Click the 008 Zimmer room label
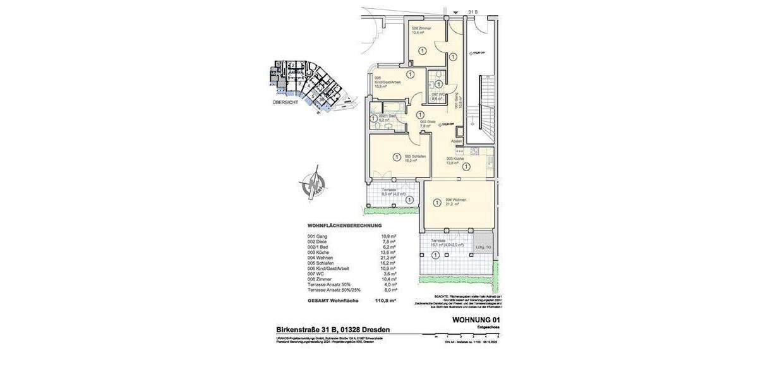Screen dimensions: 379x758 422,30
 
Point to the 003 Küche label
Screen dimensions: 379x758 455,160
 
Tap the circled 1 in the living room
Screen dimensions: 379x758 436,203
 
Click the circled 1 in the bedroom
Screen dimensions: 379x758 397,157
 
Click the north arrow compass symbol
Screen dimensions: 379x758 311,182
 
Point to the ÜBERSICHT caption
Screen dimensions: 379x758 286,102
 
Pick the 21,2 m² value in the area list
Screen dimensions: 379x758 388,258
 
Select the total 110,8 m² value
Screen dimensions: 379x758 385,301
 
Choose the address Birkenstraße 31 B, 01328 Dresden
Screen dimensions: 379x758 333,330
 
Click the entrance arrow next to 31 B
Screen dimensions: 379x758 456,12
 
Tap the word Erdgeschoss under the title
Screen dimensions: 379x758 488,328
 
